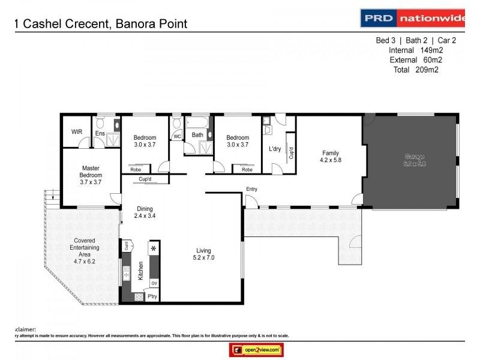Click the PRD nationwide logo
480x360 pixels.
pos(413,18)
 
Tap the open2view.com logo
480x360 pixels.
pos(256,349)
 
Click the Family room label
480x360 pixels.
pos(331,157)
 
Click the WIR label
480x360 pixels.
pos(76,132)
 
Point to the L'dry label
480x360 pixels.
pos(275,149)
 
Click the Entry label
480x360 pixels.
pos(251,190)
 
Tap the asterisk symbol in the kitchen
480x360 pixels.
pos(154,248)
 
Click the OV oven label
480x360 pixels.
pos(154,283)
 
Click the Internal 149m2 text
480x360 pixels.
pos(415,50)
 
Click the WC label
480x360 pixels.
pos(177,137)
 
